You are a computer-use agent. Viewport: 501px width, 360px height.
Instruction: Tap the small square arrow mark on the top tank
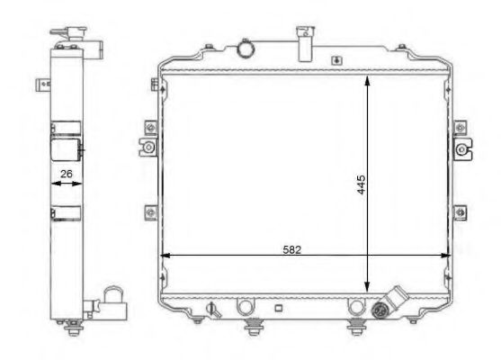pos(335,61)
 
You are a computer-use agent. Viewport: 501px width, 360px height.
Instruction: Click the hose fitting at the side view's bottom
pos(112,301)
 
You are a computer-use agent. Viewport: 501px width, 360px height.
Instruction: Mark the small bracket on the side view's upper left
pos(40,86)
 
